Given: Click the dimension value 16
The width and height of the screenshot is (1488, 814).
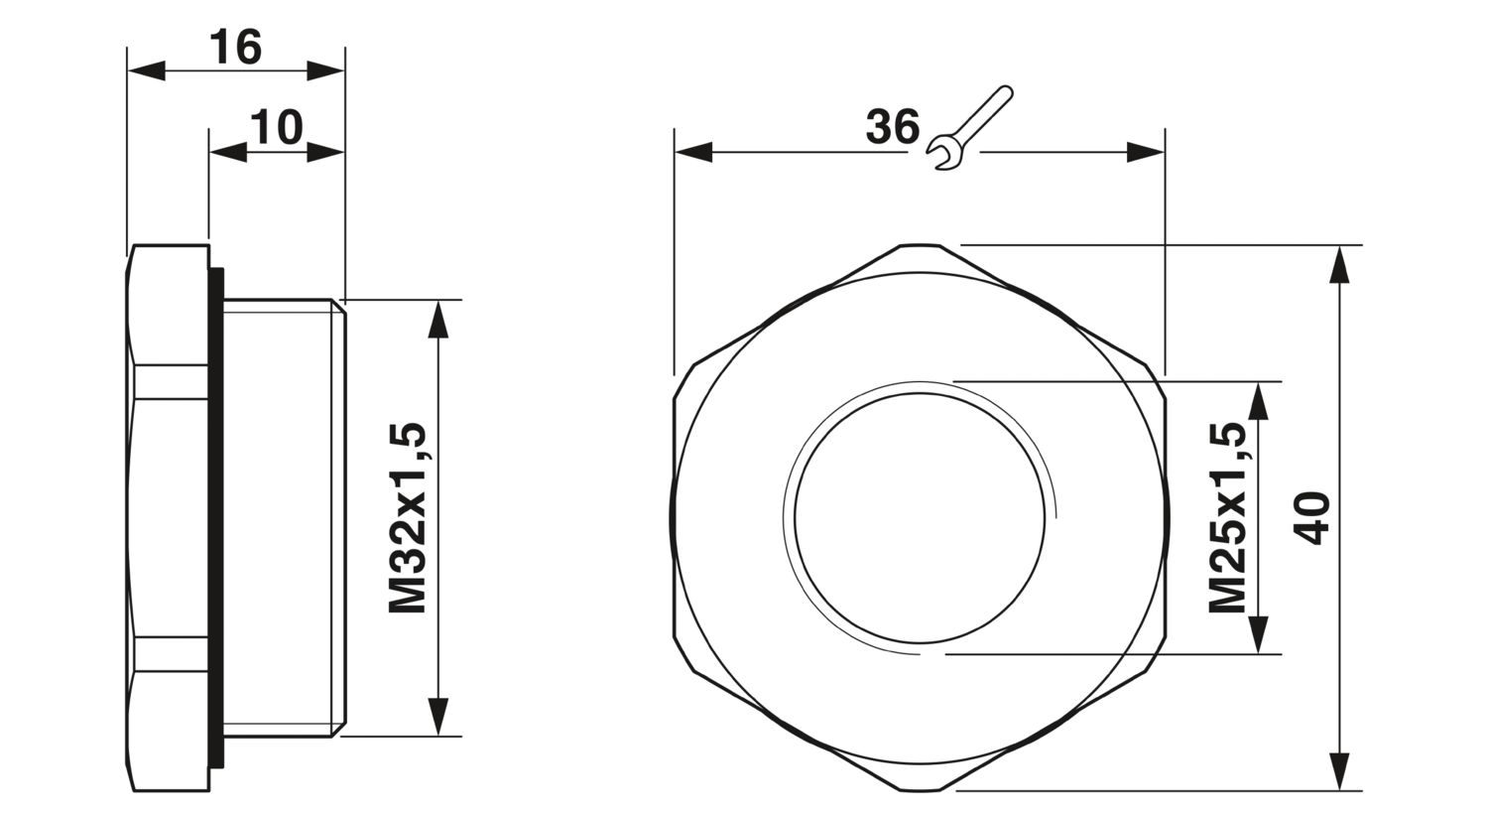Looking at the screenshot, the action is pos(235,49).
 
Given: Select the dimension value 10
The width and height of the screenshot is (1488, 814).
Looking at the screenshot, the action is pos(277,128).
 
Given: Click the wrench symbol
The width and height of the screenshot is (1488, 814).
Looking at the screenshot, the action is pos(970,128).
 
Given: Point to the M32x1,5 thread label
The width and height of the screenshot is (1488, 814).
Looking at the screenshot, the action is pos(407,517).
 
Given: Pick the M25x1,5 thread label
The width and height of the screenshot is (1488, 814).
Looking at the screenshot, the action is pos(1226,517).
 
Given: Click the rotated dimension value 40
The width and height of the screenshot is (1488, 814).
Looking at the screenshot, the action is pos(1312,518).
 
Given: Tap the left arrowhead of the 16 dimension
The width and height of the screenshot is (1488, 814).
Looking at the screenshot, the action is pos(146,70).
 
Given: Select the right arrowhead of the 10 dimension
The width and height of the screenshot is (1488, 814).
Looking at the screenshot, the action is pos(326,152).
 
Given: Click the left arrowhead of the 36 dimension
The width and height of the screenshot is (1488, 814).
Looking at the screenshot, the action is pos(693,152).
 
